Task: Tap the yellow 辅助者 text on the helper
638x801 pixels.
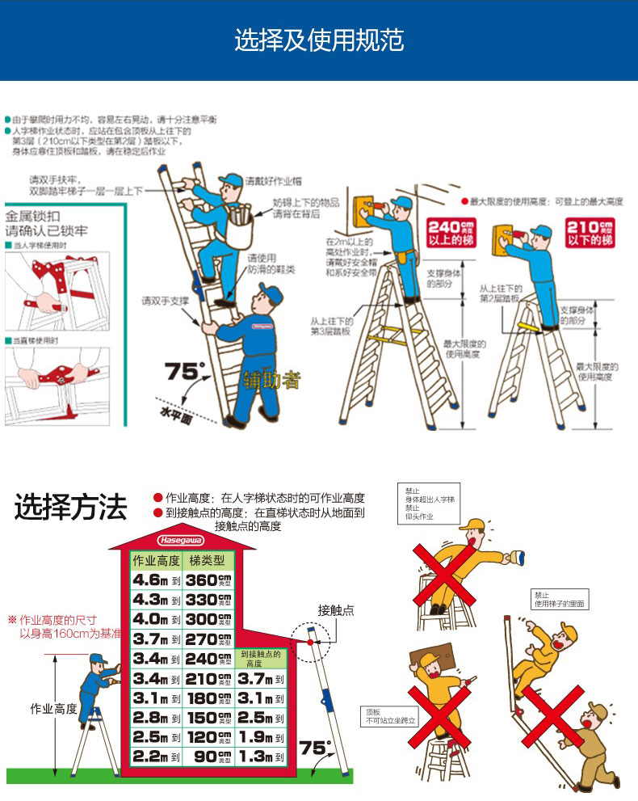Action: (272, 379)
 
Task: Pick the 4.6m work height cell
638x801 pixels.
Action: (156, 580)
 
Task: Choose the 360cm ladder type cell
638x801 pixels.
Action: (208, 580)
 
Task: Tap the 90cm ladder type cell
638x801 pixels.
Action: (208, 757)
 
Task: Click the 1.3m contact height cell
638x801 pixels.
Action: (261, 757)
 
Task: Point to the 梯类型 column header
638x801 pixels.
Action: (208, 561)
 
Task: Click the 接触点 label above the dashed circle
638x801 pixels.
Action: (336, 609)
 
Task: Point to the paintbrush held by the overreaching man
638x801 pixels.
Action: (516, 557)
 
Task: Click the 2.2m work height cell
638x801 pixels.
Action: (156, 757)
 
